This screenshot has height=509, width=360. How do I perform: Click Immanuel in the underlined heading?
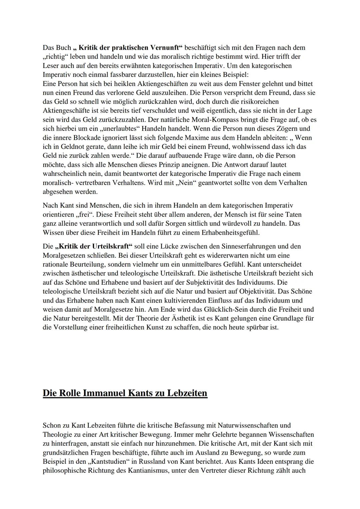tap(104, 393)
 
